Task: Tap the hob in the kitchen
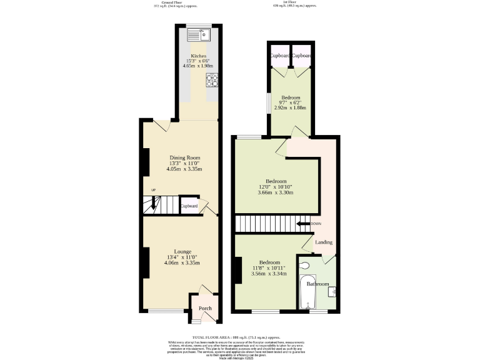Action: (212, 81)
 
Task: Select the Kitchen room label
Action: (199, 56)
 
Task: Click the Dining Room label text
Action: (186, 157)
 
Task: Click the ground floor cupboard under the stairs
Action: (189, 206)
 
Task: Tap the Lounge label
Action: (182, 251)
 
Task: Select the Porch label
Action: (205, 308)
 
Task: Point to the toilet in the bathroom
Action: (304, 266)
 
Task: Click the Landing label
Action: (324, 242)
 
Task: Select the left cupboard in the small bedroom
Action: (279, 56)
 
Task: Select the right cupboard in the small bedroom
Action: (301, 56)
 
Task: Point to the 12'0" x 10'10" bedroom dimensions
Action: (276, 187)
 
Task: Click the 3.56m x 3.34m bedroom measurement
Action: (269, 274)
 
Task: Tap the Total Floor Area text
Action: (240, 336)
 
